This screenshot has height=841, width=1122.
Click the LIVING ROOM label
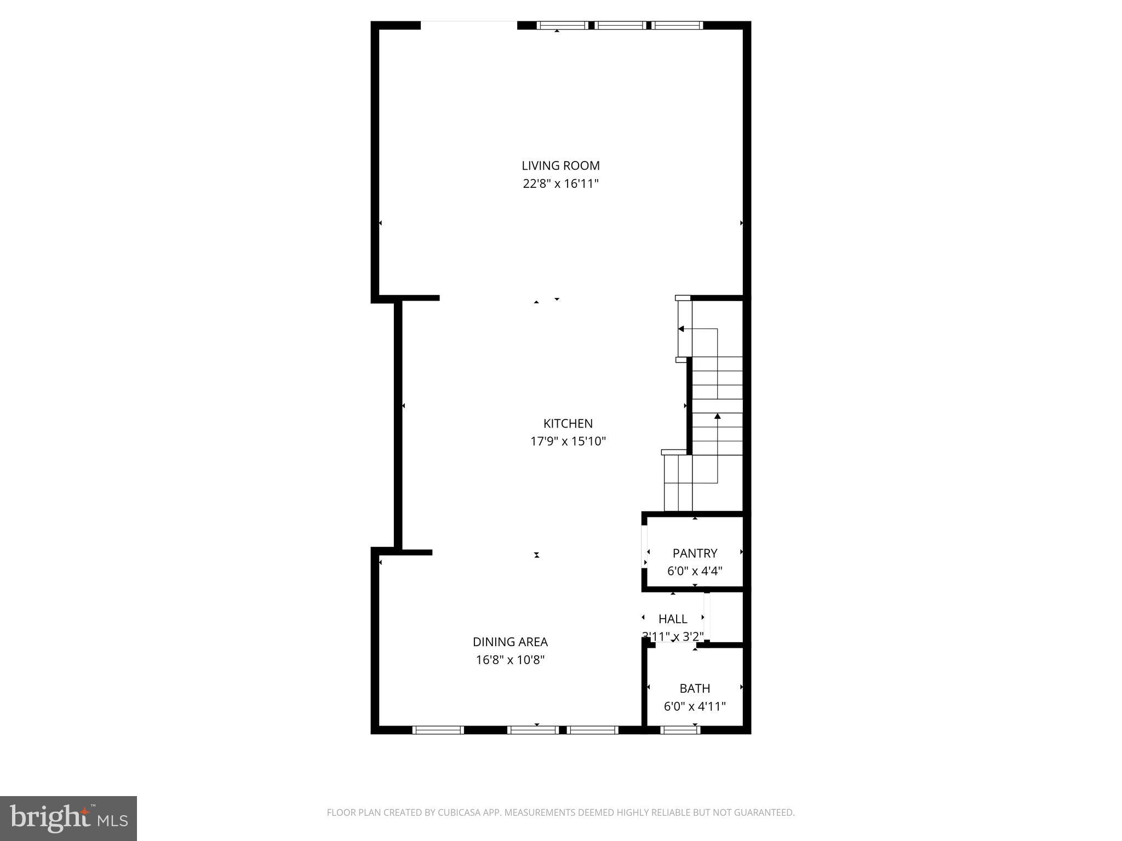click(x=560, y=165)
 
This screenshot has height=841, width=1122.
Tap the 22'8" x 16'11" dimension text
click(x=560, y=183)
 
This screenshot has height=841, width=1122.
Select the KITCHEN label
click(x=568, y=423)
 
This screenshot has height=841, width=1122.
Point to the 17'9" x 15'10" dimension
click(x=568, y=441)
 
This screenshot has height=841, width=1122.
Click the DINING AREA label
click(x=510, y=642)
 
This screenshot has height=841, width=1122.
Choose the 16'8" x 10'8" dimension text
click(x=510, y=660)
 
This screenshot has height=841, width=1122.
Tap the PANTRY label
click(x=695, y=553)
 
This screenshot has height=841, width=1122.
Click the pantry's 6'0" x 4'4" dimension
click(x=695, y=571)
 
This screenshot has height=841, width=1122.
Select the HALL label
click(x=673, y=619)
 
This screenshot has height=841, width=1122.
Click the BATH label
click(x=695, y=688)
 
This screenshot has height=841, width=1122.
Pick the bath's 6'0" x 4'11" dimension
click(x=695, y=706)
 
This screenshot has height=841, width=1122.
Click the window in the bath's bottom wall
click(x=680, y=730)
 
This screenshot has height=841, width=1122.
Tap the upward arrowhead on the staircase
click(x=717, y=416)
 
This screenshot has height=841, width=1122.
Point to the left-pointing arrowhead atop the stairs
click(x=681, y=329)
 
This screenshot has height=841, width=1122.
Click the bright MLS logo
click(x=68, y=818)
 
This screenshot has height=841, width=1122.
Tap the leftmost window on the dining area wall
click(x=438, y=730)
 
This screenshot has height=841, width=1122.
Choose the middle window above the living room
click(x=621, y=25)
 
